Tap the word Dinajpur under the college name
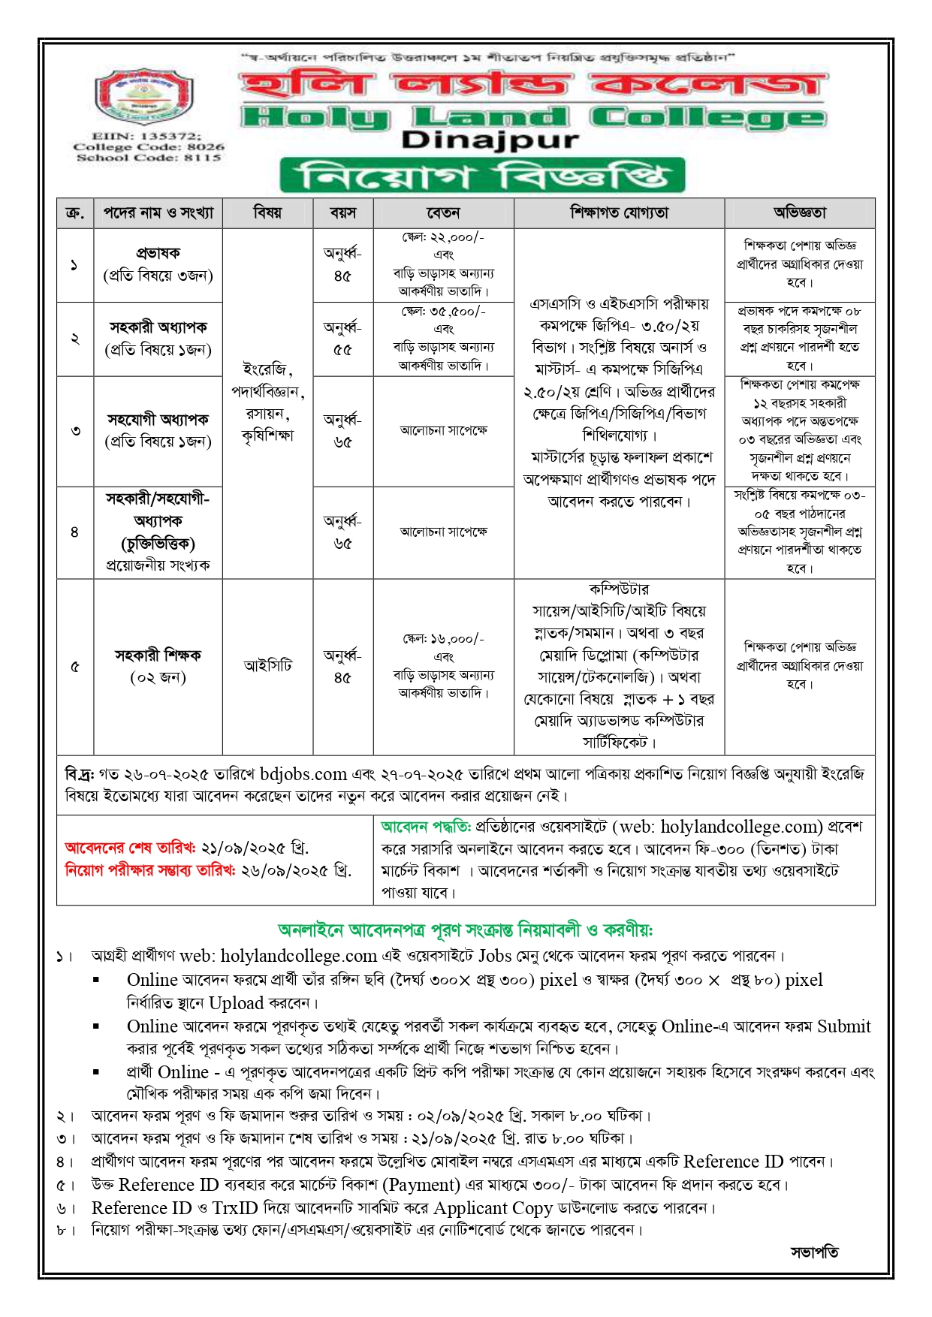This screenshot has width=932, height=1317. point(490,140)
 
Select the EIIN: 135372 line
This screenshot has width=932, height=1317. point(146,136)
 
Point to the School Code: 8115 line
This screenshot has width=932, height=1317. point(149,158)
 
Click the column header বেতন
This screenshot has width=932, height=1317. point(443,213)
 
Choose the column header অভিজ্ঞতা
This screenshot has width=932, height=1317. point(799,213)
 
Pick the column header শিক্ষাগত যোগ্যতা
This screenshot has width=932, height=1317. point(619,213)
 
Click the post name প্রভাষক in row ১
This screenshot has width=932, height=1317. point(158,253)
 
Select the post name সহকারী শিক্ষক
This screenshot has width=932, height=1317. point(158,655)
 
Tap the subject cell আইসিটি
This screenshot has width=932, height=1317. point(267,666)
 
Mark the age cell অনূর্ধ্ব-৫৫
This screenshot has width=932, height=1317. point(342,339)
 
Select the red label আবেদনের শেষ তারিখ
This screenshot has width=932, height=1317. point(129,848)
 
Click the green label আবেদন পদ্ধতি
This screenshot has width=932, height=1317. point(425,827)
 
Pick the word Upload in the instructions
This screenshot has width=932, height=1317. point(236,1003)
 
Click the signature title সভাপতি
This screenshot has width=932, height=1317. point(814,1252)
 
